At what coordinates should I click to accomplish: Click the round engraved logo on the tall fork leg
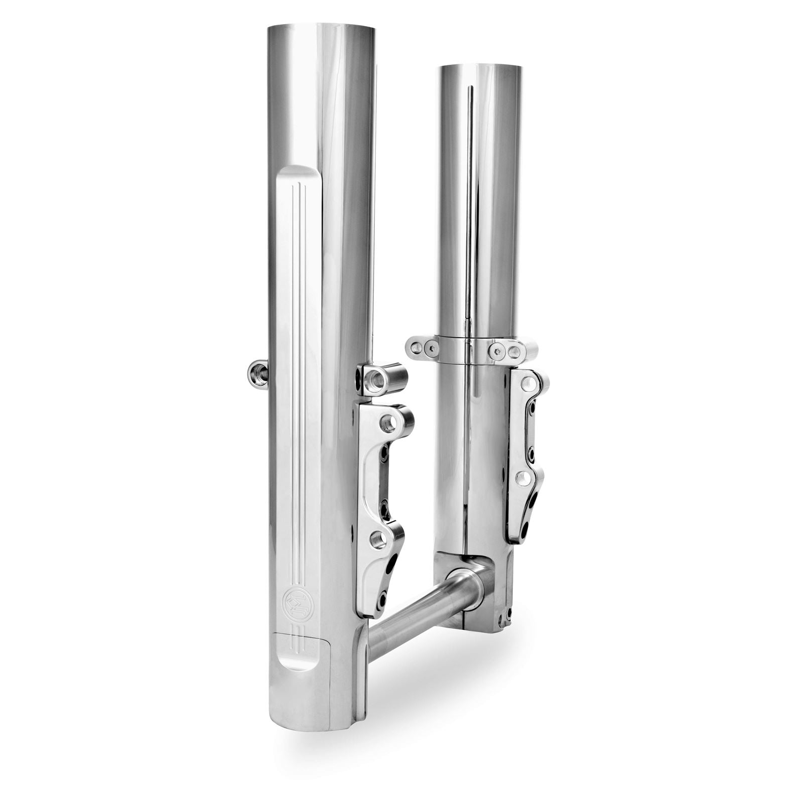coord(292,600)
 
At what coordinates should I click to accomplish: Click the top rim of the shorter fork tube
coord(481,66)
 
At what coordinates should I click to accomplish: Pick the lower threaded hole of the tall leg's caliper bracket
coord(378,540)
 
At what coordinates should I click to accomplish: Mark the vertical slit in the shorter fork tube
coord(470,201)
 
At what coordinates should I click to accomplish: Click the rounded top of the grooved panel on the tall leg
coord(299,173)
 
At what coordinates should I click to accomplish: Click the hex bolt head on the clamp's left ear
coord(431,347)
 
